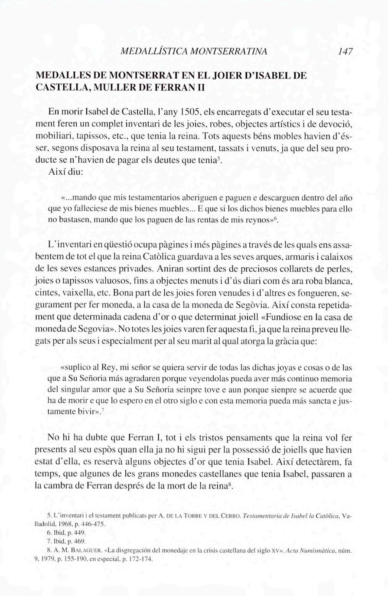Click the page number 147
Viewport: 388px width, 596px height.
[x=346, y=52]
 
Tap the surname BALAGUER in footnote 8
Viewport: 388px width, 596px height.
[x=87, y=550]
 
